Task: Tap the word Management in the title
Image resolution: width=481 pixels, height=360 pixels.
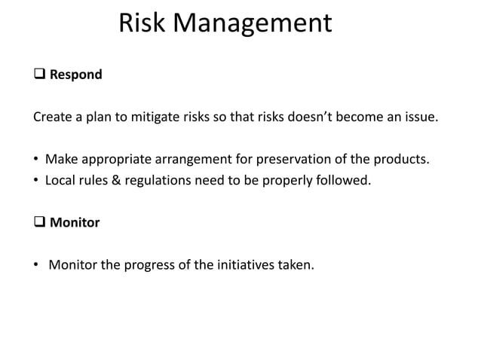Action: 253,23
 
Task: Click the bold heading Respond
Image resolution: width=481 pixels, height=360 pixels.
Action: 75,75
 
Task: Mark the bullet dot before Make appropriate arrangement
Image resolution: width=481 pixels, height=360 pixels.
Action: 37,160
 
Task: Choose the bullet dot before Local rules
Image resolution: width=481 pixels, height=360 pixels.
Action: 37,181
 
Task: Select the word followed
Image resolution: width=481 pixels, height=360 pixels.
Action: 345,181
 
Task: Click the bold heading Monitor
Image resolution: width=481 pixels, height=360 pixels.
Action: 75,223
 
